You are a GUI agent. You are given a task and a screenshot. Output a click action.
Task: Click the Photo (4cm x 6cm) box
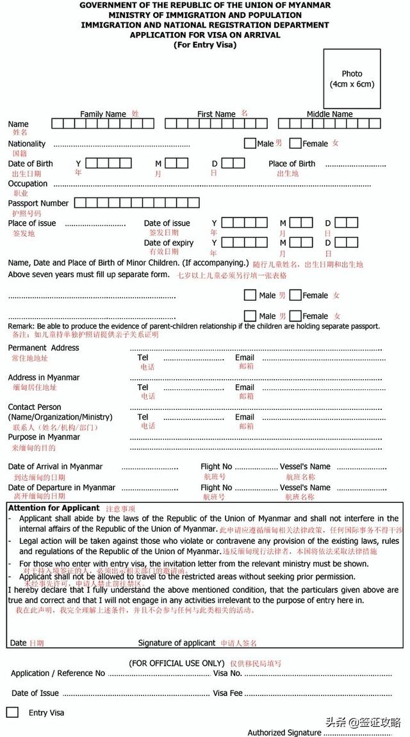point(352,78)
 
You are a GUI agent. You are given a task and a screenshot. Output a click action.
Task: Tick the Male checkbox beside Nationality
point(250,143)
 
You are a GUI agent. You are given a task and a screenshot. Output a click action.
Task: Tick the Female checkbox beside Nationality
point(295,143)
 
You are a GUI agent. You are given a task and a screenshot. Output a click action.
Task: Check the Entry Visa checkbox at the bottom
point(12,712)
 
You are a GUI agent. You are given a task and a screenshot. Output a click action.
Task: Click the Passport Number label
point(38,203)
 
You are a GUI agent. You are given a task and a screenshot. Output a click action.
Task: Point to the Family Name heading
point(102,114)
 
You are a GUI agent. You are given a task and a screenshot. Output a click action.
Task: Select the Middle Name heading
point(329,114)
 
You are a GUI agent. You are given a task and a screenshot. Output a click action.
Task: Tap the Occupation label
point(28,183)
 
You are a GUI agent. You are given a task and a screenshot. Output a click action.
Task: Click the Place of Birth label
point(291,164)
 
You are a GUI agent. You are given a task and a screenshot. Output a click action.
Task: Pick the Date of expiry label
point(168,243)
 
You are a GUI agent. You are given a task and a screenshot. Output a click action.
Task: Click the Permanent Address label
point(44,348)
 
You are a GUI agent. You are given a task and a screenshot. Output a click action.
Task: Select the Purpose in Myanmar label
point(44,437)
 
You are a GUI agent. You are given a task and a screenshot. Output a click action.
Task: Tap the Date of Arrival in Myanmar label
point(55,466)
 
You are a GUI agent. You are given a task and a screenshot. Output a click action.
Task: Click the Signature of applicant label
point(177,643)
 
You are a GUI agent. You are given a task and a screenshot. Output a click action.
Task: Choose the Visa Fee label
point(227,693)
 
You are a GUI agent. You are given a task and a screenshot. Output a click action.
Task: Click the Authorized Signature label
point(284,732)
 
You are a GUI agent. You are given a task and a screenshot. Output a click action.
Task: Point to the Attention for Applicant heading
point(54,508)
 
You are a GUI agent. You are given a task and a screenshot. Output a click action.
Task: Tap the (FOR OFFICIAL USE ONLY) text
point(177,663)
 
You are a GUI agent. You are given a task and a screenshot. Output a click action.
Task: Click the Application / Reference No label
point(58,673)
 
